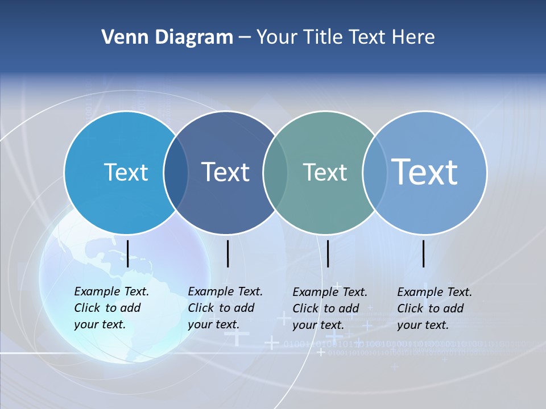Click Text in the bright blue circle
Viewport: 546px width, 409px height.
tap(126, 172)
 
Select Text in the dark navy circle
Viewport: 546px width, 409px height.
tap(226, 172)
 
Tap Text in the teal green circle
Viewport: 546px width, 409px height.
tap(325, 172)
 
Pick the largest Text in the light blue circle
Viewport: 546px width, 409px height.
tap(425, 172)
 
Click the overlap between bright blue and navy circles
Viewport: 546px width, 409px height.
tap(176, 173)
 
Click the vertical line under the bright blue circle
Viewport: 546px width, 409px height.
tap(128, 253)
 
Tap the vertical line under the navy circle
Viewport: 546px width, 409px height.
tap(227, 253)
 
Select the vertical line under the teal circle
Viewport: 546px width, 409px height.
tap(328, 253)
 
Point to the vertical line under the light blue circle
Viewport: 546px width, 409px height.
tap(424, 253)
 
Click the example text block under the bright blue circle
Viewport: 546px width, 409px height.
tap(111, 308)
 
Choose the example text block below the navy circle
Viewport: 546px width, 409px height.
tap(225, 308)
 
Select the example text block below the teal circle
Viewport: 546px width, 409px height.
tap(329, 308)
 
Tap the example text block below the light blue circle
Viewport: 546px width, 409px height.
tap(434, 308)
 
